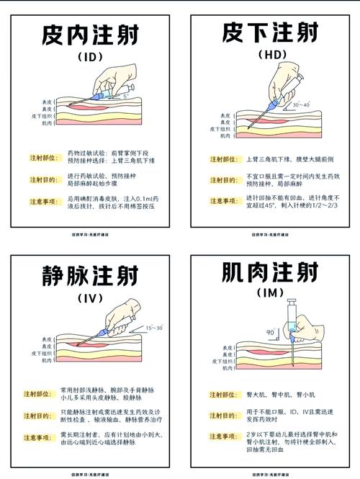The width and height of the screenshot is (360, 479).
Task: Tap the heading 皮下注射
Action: coord(270,34)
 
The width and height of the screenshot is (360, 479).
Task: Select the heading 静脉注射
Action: coord(90,276)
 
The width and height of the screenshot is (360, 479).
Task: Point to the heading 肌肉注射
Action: coord(270,274)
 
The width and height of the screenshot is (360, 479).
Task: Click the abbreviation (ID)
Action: coord(90,56)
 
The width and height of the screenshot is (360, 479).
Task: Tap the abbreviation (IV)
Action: coord(90,297)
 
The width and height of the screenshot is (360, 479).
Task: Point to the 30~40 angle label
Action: coord(301,105)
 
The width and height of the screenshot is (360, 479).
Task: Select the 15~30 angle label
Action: coord(155,328)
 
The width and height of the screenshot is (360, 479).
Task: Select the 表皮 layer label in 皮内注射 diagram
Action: coord(47,102)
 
